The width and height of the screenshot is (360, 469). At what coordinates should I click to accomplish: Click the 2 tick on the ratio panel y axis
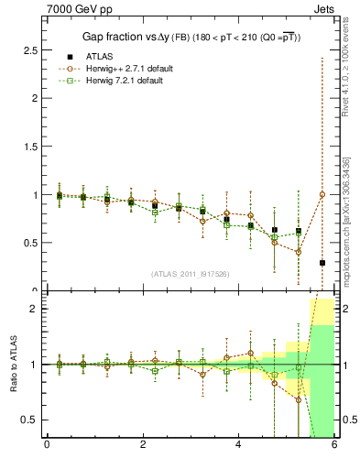[x=35, y=309]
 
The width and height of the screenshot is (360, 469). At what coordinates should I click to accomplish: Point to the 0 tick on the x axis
[x=47, y=444]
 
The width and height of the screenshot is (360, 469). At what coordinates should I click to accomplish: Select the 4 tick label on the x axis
[x=238, y=444]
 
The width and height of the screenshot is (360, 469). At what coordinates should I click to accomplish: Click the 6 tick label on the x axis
[x=334, y=444]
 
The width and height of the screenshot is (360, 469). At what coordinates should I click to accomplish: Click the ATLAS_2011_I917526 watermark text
[x=191, y=274]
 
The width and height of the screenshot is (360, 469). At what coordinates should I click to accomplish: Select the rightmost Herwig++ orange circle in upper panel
[x=322, y=194]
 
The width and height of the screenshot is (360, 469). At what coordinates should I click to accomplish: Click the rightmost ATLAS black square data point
[x=322, y=263]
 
